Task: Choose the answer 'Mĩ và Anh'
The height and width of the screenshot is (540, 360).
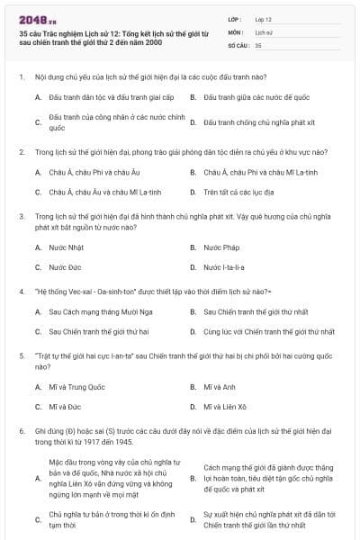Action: [x=220, y=387]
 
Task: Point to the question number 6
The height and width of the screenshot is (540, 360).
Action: [x=21, y=431]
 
